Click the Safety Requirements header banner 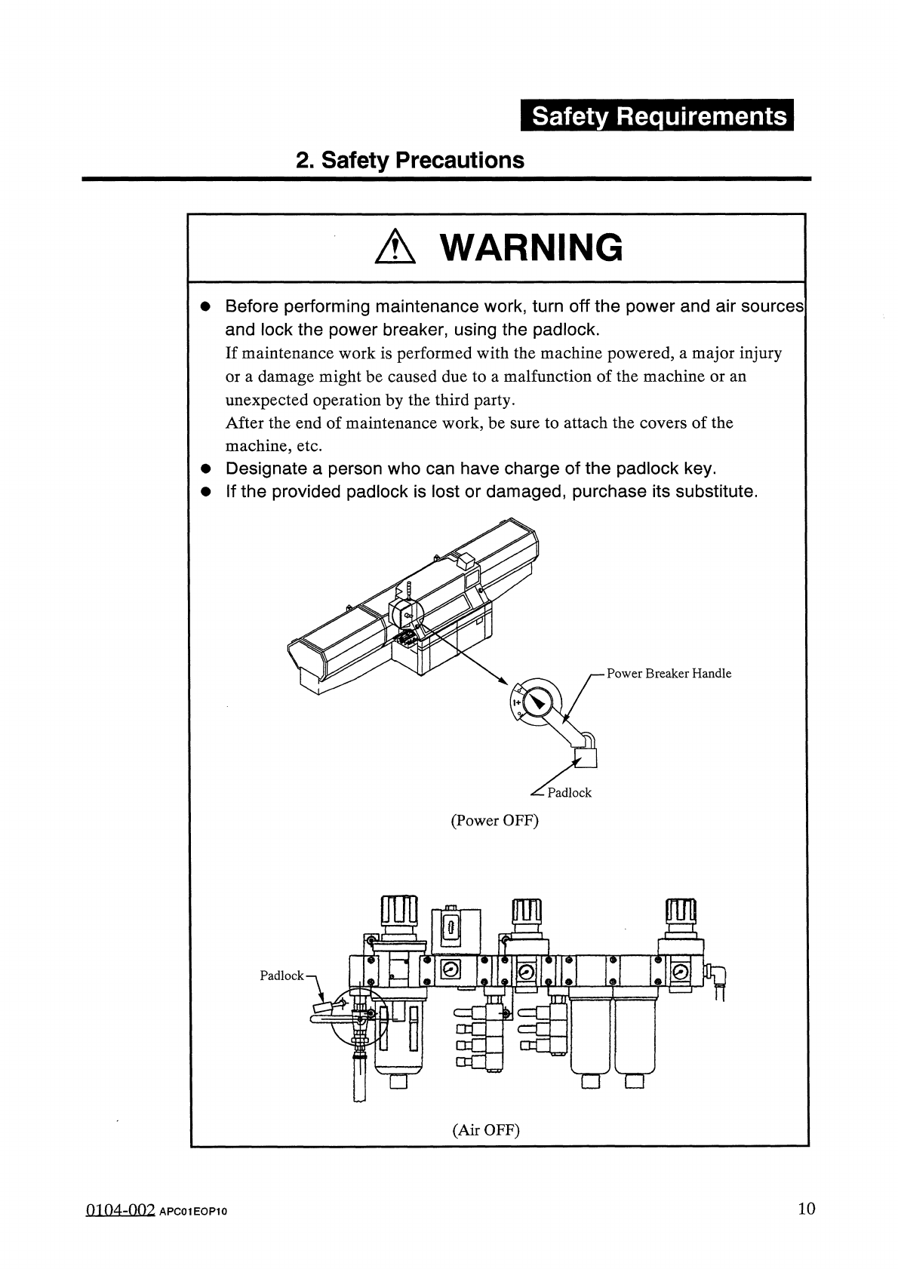(656, 117)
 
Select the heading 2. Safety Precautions (410, 160)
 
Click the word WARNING (531, 247)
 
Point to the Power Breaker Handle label (669, 674)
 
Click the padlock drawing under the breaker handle (586, 755)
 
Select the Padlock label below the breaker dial (569, 793)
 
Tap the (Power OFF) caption (494, 821)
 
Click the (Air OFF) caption (487, 1129)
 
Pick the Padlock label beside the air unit (281, 976)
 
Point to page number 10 (807, 1209)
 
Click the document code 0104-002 (119, 1210)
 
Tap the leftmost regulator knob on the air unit (399, 912)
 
